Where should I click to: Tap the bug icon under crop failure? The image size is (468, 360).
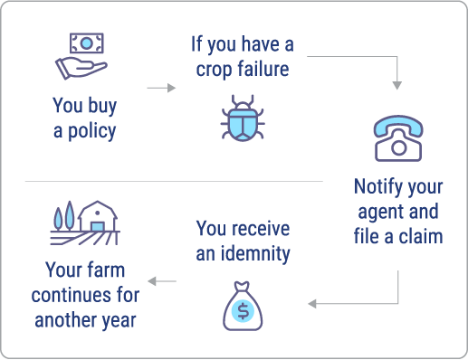(242, 118)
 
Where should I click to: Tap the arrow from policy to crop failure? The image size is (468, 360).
(161, 88)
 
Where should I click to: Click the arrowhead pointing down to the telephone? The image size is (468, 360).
(396, 87)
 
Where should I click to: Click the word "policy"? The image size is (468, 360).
(94, 131)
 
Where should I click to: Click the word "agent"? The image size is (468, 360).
(381, 213)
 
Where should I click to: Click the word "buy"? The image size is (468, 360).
(100, 107)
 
